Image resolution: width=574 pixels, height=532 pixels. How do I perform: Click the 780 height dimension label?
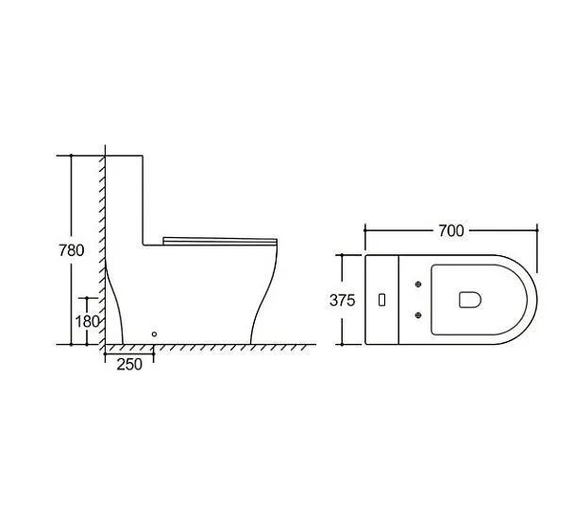[72, 250]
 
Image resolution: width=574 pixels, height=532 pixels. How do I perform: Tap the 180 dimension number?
[87, 321]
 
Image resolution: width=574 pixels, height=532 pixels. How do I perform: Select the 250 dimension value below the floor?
[129, 365]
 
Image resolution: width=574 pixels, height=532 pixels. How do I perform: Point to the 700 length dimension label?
[451, 231]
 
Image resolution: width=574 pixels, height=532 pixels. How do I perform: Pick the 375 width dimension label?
[343, 300]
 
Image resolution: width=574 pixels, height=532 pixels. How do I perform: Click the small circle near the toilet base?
[154, 335]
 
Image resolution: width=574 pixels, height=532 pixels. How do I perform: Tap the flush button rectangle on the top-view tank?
[381, 300]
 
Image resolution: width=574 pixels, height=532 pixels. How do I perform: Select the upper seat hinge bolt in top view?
[418, 283]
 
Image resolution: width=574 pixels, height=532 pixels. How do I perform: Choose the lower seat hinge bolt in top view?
[418, 315]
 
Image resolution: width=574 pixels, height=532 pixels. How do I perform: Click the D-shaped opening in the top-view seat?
[470, 300]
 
